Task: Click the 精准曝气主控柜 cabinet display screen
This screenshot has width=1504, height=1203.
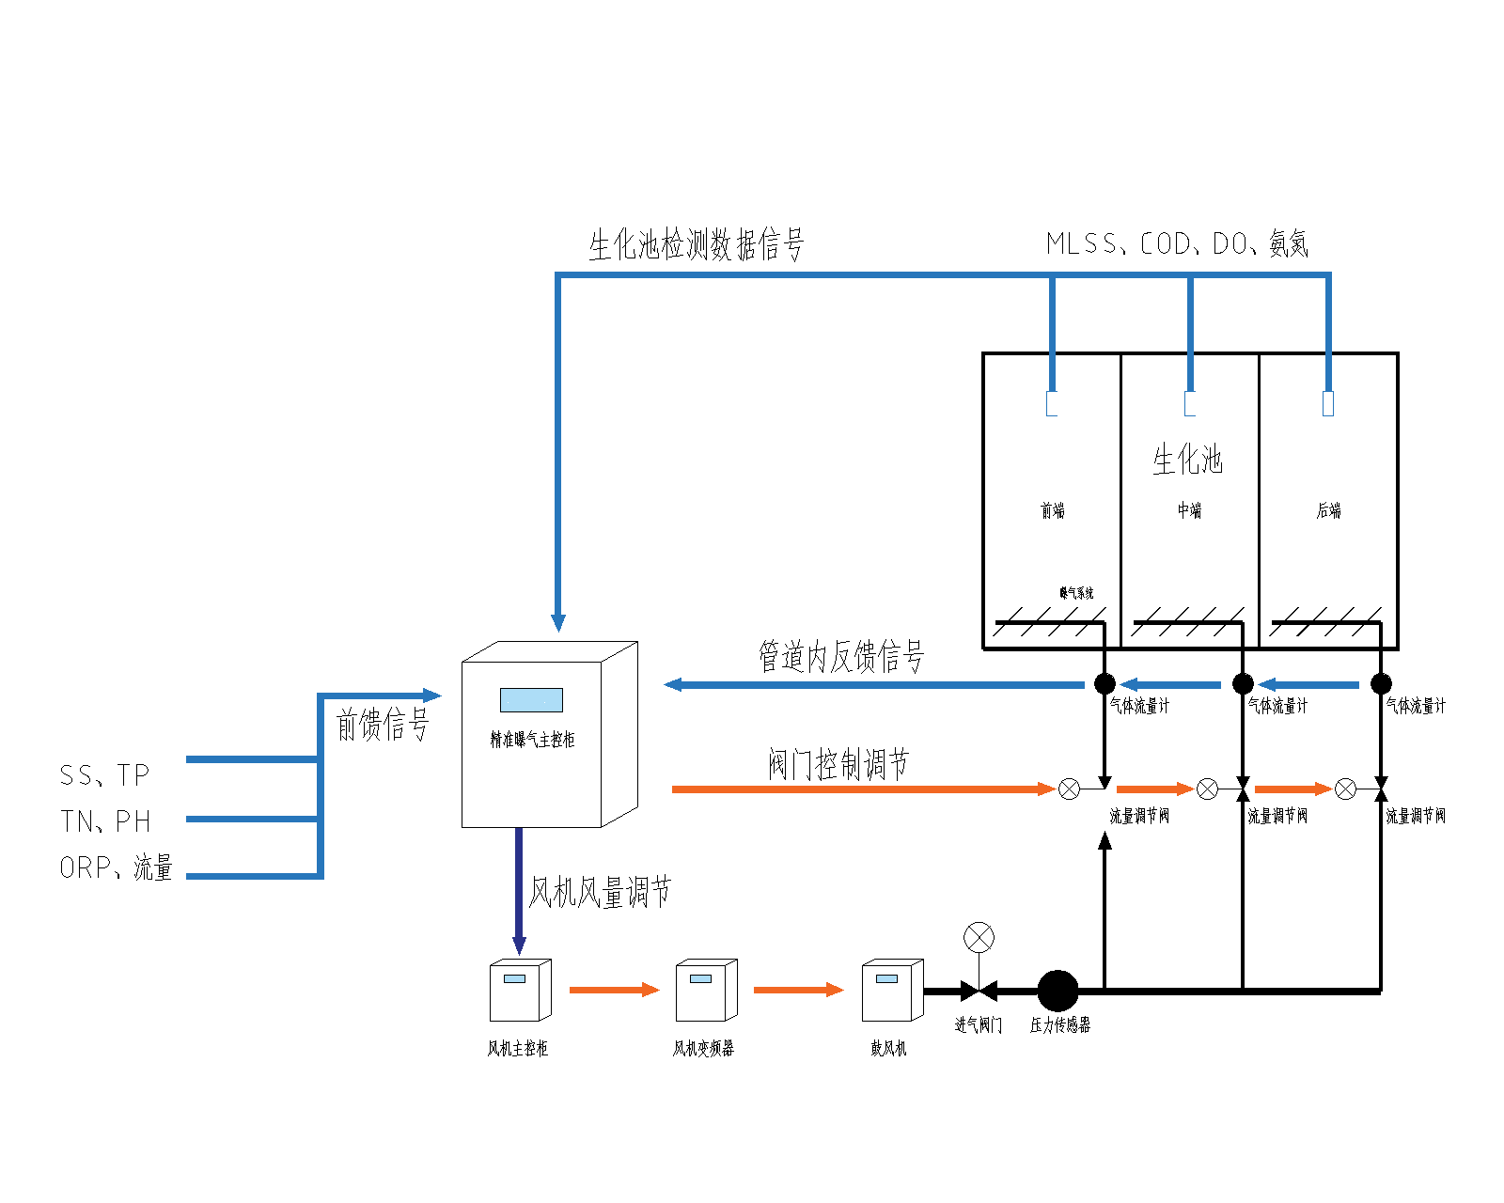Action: [x=531, y=700]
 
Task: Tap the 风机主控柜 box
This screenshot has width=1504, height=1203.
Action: [x=520, y=991]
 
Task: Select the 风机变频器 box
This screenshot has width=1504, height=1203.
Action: [x=706, y=991]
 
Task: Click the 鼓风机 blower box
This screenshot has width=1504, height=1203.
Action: [x=892, y=991]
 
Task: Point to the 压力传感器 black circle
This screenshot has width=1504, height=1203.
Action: [x=1057, y=991]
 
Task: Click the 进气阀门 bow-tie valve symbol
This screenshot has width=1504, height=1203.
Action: [x=979, y=991]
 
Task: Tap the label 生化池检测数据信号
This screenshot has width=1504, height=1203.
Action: [x=697, y=245]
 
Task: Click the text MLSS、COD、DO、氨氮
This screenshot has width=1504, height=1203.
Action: [x=1177, y=244]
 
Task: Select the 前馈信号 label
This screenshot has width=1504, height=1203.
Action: [x=383, y=725]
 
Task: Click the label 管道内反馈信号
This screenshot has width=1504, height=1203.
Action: [x=841, y=656]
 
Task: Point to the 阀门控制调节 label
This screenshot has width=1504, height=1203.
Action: [x=838, y=764]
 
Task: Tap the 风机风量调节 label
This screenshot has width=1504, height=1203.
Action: [x=600, y=892]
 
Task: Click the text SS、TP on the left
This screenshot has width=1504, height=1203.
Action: [x=104, y=775]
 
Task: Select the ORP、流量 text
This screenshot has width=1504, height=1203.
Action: [x=116, y=867]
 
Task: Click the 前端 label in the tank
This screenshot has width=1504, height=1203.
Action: [x=1053, y=510]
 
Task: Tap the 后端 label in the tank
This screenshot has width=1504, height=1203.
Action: [x=1328, y=510]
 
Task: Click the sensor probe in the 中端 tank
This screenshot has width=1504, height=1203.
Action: [x=1190, y=403]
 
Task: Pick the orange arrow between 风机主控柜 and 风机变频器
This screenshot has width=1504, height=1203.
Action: [x=614, y=990]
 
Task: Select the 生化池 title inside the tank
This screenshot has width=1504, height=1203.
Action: [x=1188, y=460]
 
